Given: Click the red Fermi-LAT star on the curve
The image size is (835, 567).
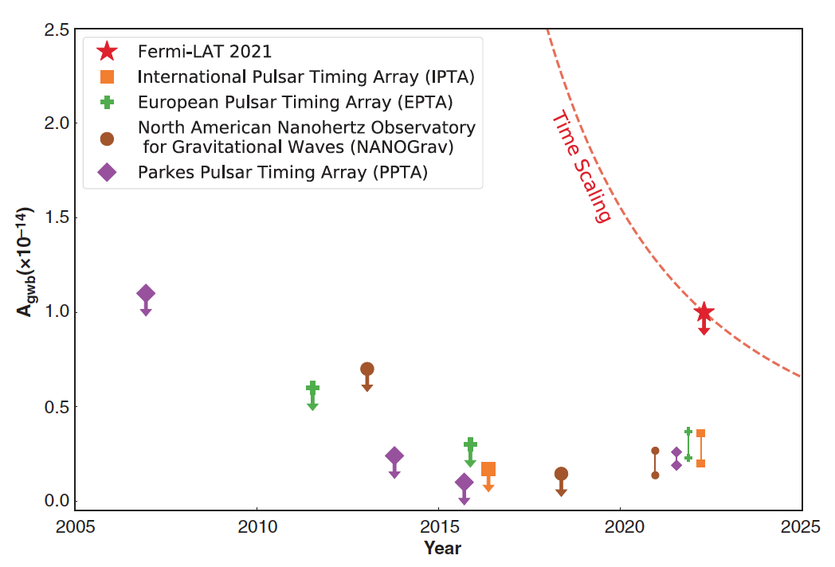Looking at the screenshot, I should point(704,313).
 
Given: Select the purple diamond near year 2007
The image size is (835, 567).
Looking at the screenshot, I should point(146,294).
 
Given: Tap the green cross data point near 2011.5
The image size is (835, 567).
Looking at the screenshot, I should point(312,388).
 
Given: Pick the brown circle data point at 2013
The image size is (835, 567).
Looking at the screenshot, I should point(367,369).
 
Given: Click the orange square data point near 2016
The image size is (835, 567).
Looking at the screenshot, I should point(488,470).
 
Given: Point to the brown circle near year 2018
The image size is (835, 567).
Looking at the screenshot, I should point(561,474).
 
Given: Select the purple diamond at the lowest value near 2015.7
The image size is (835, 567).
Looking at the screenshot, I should point(464,483).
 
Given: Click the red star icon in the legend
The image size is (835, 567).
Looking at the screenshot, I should point(107,52).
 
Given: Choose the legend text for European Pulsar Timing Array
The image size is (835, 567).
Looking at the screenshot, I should point(295,101).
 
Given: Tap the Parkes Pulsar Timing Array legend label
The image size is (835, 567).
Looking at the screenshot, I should point(283,172).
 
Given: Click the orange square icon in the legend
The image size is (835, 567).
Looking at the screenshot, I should point(107,77).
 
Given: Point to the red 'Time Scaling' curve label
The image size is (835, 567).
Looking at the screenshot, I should point(581,168).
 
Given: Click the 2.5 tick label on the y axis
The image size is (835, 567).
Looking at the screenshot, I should point(56,29).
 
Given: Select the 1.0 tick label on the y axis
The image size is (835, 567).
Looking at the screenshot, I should point(56,312).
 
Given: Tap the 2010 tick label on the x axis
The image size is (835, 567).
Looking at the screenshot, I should point(257,527).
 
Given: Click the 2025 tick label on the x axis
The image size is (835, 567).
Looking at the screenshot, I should point(801,527).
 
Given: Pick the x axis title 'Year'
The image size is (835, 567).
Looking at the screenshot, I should point(442,548).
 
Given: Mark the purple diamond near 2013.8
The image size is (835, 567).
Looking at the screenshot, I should point(394,456).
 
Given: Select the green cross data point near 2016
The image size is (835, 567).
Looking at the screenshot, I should point(470,444).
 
